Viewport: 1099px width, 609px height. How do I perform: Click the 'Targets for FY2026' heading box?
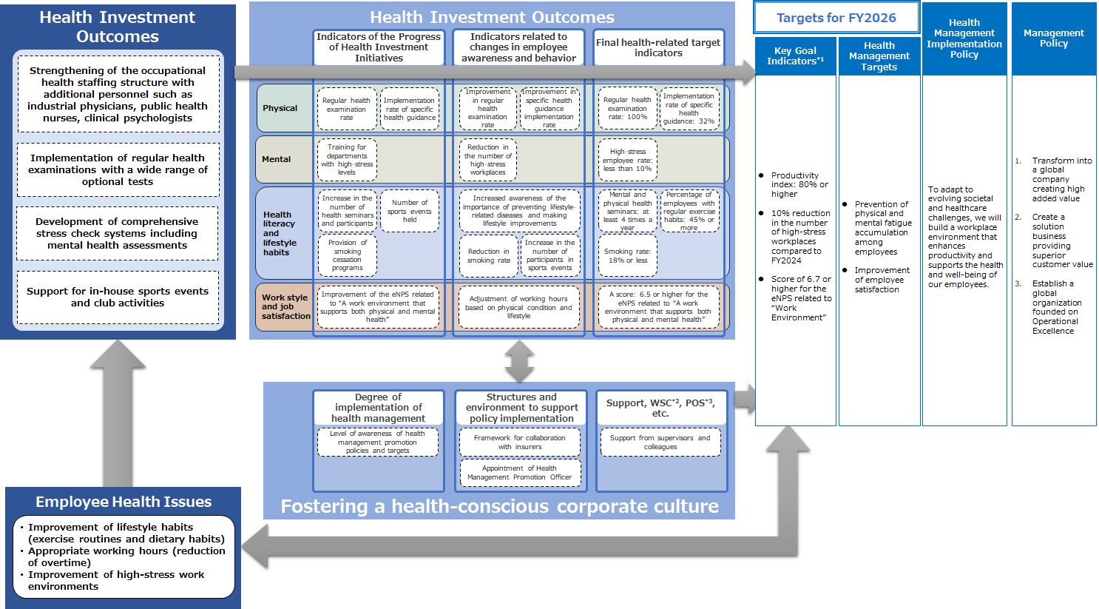coord(836,18)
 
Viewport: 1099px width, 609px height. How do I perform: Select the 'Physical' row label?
coord(280,108)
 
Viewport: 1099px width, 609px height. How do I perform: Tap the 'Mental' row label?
coord(277,159)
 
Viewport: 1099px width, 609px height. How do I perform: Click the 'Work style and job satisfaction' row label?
coord(285,306)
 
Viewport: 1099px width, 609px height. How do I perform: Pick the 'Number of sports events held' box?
coord(410,211)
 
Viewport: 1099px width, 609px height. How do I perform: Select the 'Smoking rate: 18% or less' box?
coord(627,256)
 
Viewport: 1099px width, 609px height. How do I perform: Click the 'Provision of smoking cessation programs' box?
coord(347,255)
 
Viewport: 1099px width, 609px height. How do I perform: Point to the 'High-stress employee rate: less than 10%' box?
coord(627,160)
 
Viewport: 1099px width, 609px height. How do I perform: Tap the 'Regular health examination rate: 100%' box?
coord(627,108)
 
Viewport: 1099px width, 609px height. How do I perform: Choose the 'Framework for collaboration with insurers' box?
coord(521,443)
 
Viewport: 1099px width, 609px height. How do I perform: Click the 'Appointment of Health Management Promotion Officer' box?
coord(521,473)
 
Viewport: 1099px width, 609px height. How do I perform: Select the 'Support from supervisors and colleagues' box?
coord(660,443)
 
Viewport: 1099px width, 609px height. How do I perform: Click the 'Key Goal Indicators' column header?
coord(795,56)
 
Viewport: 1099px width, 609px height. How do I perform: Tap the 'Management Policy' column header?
coord(1053,38)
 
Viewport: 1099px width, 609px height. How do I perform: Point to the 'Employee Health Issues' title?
coord(124,502)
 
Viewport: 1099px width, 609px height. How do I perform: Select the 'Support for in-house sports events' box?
coord(118,297)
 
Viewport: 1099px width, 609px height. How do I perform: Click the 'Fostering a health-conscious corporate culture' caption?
coord(499,506)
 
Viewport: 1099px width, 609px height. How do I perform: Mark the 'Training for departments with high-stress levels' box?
coord(347,160)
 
